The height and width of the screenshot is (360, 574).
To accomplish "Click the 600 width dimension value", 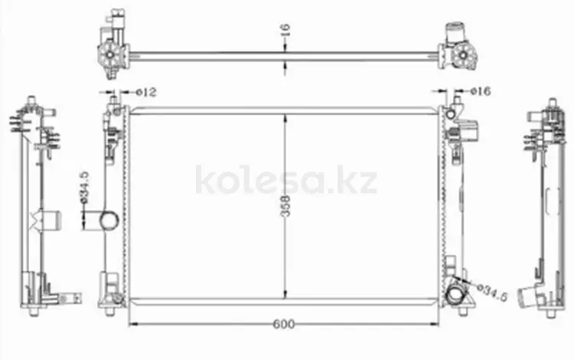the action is click(284, 324).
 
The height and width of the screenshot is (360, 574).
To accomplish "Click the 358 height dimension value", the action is click(286, 206).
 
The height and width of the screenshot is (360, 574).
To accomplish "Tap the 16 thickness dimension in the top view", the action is click(286, 30).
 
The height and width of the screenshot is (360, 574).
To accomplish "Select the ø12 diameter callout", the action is click(146, 92).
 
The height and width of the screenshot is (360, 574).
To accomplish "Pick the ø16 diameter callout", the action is click(481, 91).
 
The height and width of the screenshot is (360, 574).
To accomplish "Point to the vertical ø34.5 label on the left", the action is click(84, 187).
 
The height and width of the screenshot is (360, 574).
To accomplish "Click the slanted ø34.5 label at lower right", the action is click(493, 293).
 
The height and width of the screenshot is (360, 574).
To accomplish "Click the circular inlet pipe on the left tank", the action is click(109, 221).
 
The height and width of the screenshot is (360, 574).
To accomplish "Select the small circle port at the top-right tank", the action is click(451, 114).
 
